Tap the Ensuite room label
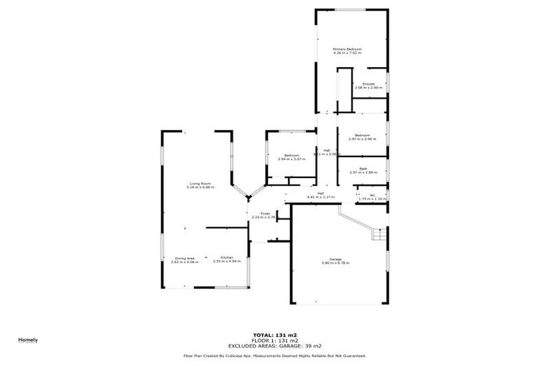[x=369, y=84]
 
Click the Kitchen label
[x=227, y=257]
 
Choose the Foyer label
[x=265, y=213]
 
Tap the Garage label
[x=335, y=259]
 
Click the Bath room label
[x=363, y=169]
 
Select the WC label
[x=372, y=194]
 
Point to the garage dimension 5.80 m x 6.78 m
[x=335, y=262]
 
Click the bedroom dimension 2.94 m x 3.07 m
[x=291, y=159]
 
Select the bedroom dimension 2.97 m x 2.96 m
[x=362, y=139]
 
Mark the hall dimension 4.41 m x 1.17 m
[x=321, y=197]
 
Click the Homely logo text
[x=28, y=340]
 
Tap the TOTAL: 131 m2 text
[x=275, y=335]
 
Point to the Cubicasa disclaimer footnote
[x=275, y=355]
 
